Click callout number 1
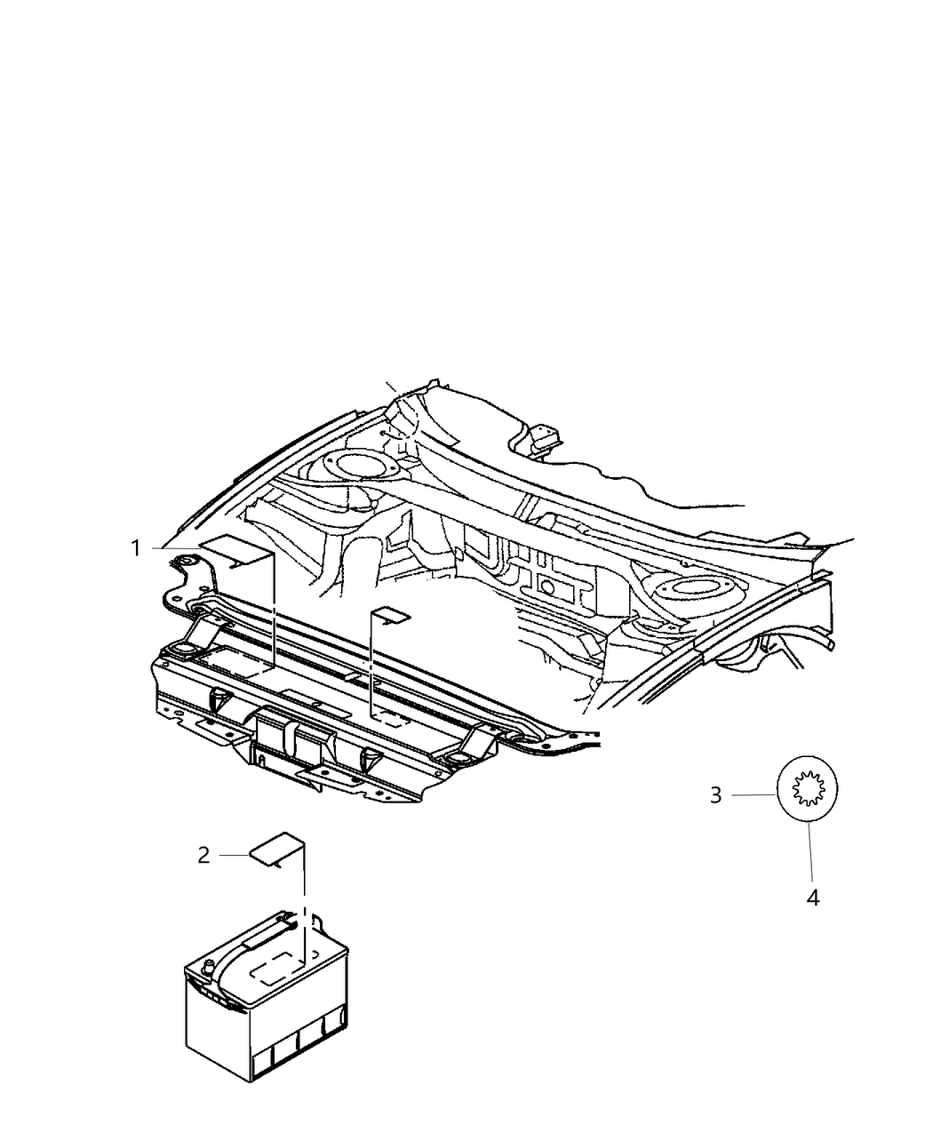137,548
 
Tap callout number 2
203,856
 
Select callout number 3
716,795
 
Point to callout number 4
812,898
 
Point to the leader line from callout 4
810,853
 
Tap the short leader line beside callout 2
235,855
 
